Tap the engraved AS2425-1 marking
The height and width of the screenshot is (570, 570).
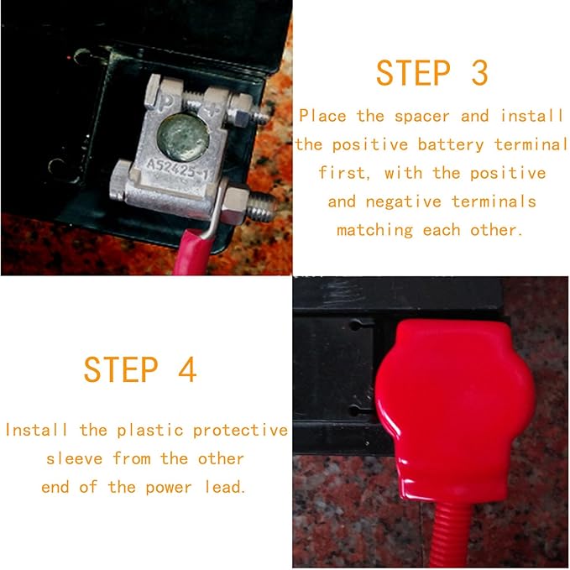point(177,170)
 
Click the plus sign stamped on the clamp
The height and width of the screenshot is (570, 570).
point(212,108)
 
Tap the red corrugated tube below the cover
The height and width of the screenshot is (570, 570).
point(454,535)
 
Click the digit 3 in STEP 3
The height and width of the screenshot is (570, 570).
point(479,73)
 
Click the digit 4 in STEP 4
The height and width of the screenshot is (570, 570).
point(187,369)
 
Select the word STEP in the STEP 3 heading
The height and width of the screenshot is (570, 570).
point(413,73)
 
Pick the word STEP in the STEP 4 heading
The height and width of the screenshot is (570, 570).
point(121,369)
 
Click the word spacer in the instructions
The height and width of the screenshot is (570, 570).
point(422,117)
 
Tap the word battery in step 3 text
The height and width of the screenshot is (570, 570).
point(451,145)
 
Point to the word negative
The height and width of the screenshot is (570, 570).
point(403,201)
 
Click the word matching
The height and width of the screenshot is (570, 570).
point(374,231)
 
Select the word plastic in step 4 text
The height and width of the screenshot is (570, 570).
point(149,431)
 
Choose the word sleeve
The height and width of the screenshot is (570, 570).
point(75,459)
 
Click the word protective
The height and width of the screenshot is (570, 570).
point(240,431)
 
